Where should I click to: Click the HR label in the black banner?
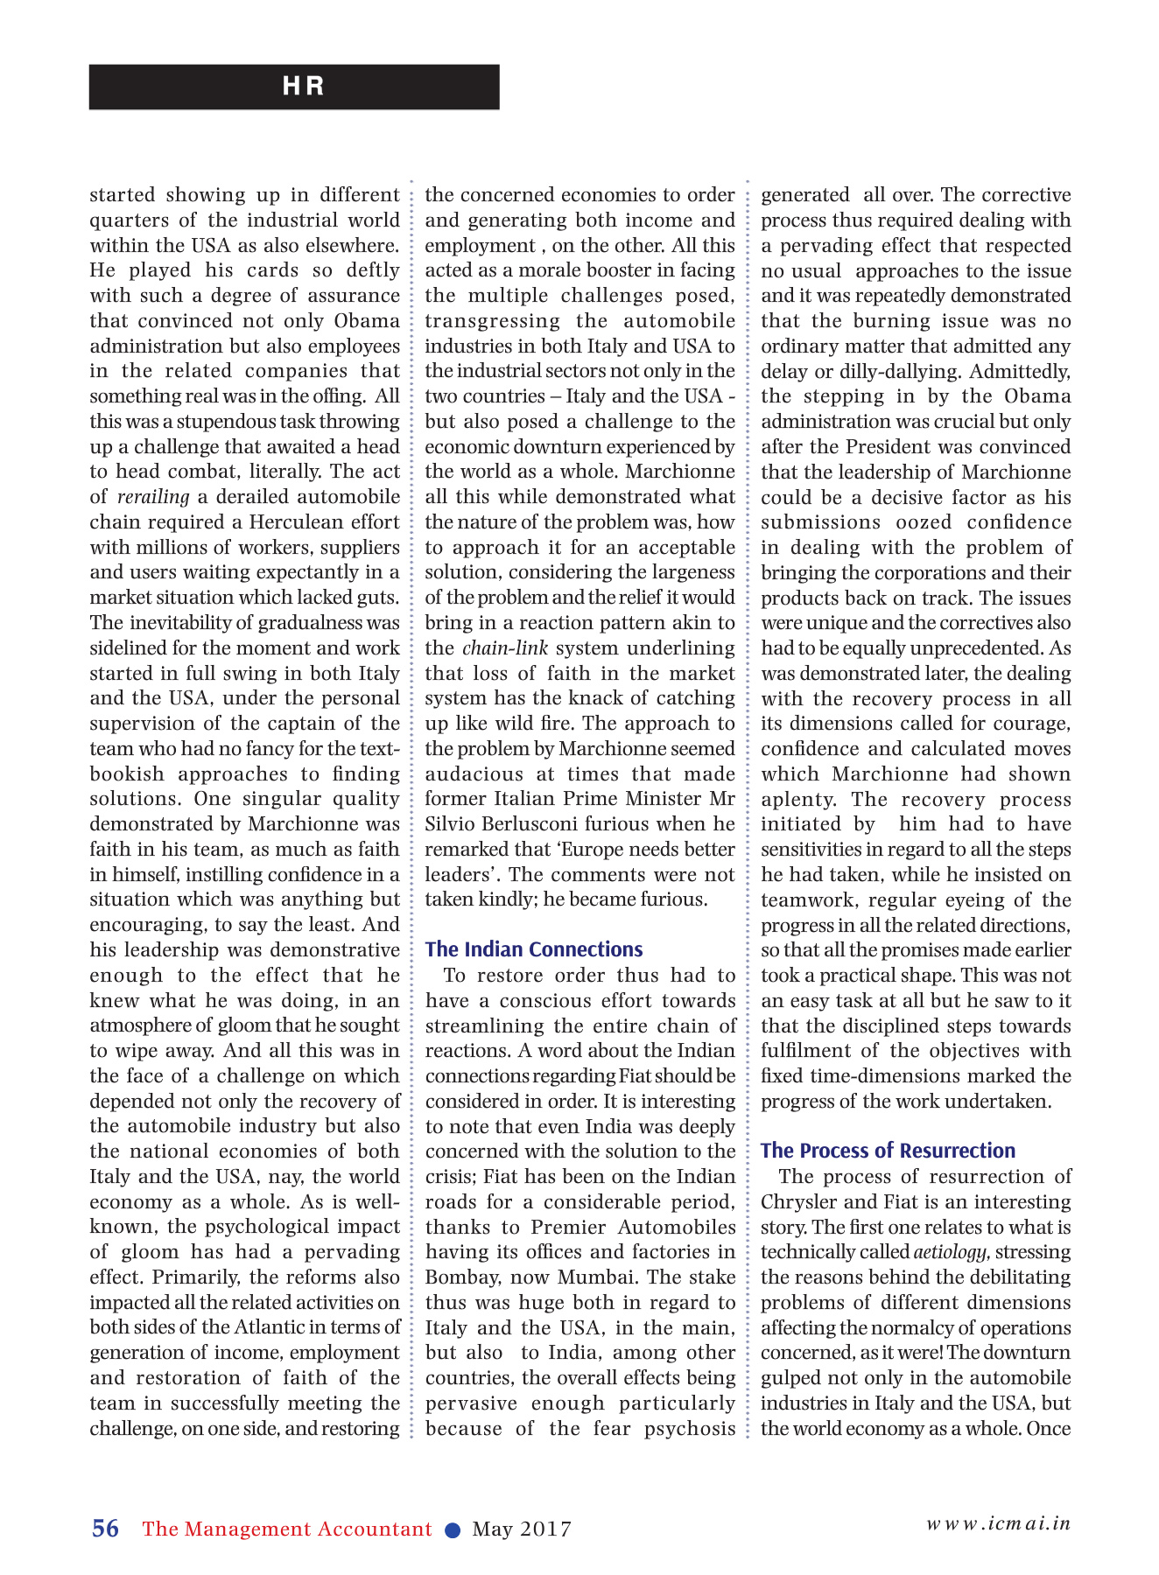point(303,87)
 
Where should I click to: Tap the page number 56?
point(105,1529)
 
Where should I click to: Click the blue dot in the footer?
point(453,1529)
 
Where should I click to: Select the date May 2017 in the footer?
point(522,1529)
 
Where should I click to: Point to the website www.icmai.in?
point(998,1523)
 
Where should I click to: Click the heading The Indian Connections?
point(534,949)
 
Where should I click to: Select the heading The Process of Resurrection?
point(888,1151)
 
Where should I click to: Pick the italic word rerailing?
point(153,497)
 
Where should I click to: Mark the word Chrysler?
point(796,1202)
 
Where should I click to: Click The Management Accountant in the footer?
point(287,1529)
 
